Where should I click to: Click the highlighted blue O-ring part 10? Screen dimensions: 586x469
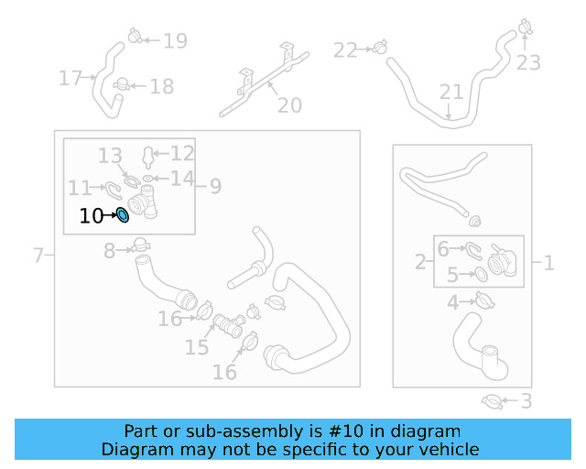122,216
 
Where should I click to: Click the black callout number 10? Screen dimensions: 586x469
92,216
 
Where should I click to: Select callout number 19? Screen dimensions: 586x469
175,40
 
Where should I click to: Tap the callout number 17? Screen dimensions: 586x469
71,79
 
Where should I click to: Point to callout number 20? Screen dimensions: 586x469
289,106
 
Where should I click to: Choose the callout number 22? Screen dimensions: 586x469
344,50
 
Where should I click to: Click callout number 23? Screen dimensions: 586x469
528,63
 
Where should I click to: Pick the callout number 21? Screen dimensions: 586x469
451,92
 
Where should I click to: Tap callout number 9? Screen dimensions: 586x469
215,186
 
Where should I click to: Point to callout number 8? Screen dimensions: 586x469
109,250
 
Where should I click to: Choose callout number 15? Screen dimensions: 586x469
197,347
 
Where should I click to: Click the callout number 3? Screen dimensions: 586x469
526,400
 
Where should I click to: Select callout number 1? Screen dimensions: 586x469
548,264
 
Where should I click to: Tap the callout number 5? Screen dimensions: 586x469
452,275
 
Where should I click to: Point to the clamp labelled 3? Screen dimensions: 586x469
492,400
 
